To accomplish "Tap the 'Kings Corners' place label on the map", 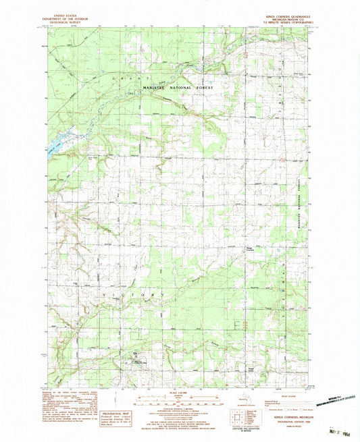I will tap(249, 251).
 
